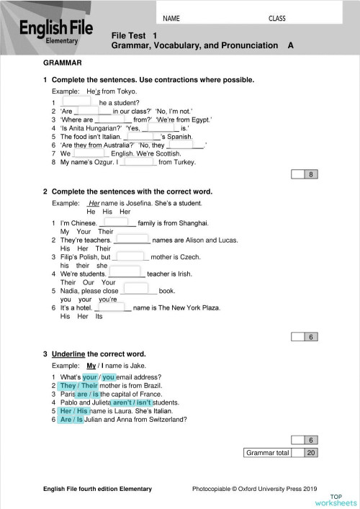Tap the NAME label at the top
[x=171, y=18]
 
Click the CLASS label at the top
[x=277, y=18]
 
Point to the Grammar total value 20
[x=311, y=453]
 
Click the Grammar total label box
[x=268, y=453]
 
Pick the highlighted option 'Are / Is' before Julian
[x=71, y=420]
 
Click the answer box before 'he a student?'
[x=83, y=102]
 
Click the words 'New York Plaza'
[x=197, y=307]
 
